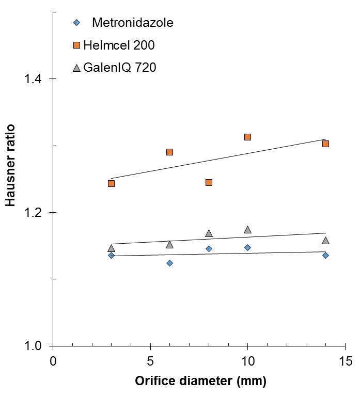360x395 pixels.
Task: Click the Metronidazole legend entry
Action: (132, 23)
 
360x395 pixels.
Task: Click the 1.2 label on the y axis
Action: (35, 213)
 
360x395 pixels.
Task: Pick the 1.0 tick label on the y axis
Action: (35, 346)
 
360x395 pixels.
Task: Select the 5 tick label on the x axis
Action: (150, 361)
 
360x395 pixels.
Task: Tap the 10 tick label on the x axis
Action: (247, 361)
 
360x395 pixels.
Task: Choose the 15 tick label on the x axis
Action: (345, 361)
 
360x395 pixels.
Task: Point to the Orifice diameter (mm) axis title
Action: (200, 382)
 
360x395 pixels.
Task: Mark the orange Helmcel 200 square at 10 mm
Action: (247, 137)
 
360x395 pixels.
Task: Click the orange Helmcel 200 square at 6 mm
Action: (169, 152)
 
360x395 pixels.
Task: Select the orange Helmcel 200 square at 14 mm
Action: (325, 144)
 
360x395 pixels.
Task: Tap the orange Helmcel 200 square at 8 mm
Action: (209, 182)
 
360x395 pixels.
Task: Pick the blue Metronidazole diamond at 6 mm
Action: (169, 263)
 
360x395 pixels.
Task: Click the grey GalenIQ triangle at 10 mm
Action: (247, 230)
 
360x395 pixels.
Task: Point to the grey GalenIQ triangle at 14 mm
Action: (325, 241)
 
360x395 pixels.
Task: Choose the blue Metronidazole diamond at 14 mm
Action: (325, 255)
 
